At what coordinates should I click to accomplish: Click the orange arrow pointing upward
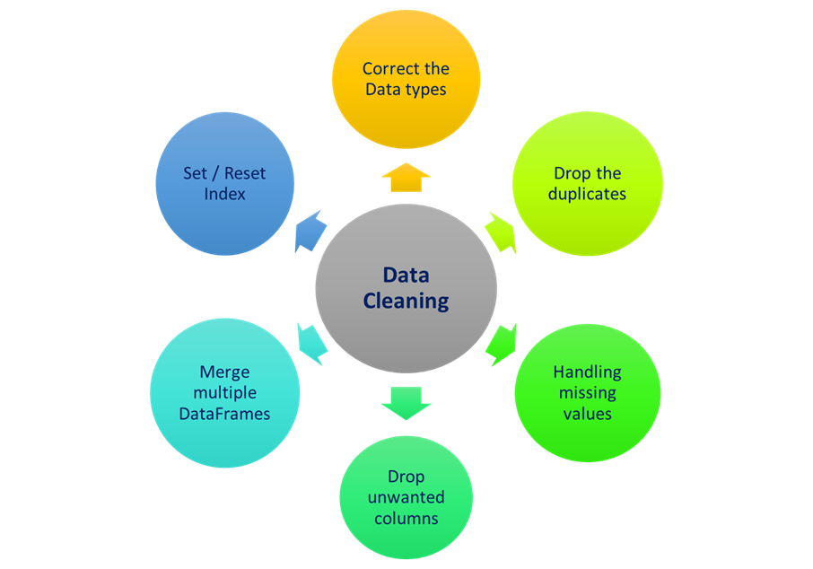point(406,178)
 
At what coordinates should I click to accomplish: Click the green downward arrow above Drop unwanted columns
point(406,401)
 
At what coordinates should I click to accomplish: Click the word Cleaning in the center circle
point(406,301)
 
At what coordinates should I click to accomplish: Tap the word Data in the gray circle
point(406,276)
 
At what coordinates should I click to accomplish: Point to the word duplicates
point(587,193)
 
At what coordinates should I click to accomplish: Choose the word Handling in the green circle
point(587,372)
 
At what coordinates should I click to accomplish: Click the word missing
point(587,392)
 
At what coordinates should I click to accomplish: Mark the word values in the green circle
point(587,414)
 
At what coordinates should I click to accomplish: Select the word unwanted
point(406,497)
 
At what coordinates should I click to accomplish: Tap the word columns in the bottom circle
point(406,519)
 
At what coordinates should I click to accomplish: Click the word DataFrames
point(224,414)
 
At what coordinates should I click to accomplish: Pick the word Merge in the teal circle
point(224,372)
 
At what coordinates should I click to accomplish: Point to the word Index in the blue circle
point(224,193)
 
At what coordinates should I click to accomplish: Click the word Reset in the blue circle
point(245,172)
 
